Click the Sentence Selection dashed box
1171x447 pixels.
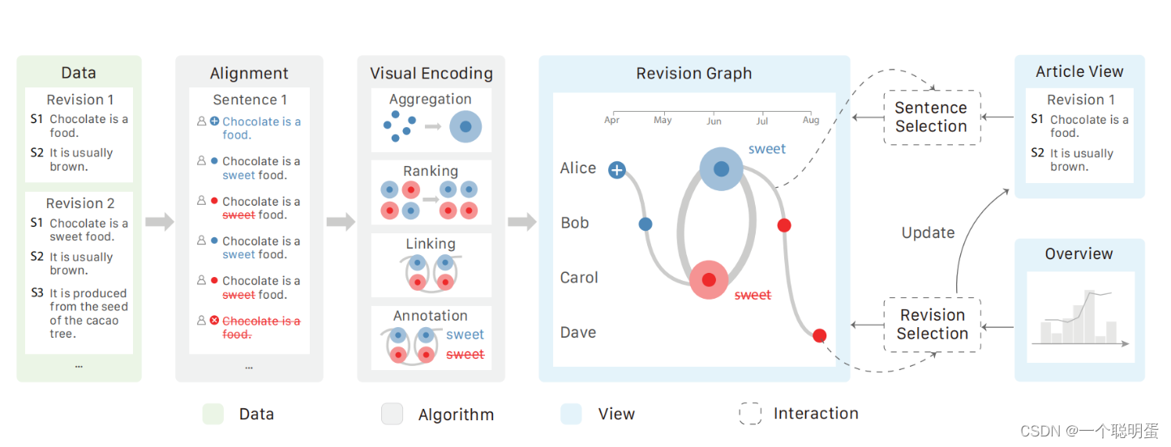pos(931,117)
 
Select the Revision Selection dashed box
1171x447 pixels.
pos(933,325)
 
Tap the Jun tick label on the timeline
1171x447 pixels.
pos(714,121)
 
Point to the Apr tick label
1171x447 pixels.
pos(611,120)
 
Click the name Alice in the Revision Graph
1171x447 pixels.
pos(578,168)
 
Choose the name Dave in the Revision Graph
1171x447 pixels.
pos(578,333)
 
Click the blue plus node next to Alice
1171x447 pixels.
pos(617,170)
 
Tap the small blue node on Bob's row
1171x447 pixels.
pos(646,224)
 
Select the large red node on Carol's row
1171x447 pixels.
pos(709,280)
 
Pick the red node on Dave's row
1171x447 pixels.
pos(820,335)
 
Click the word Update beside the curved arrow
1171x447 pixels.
pos(928,233)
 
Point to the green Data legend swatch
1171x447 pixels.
pos(212,415)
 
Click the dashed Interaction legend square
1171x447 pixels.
pos(750,415)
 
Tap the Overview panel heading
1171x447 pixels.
pos(1079,254)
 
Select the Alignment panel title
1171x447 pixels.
pos(249,74)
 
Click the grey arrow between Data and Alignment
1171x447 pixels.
pos(160,222)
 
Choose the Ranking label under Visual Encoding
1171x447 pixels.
pos(431,172)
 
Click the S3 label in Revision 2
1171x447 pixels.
pos(37,293)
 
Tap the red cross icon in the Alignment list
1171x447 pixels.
pos(214,321)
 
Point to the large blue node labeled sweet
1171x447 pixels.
pos(721,169)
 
